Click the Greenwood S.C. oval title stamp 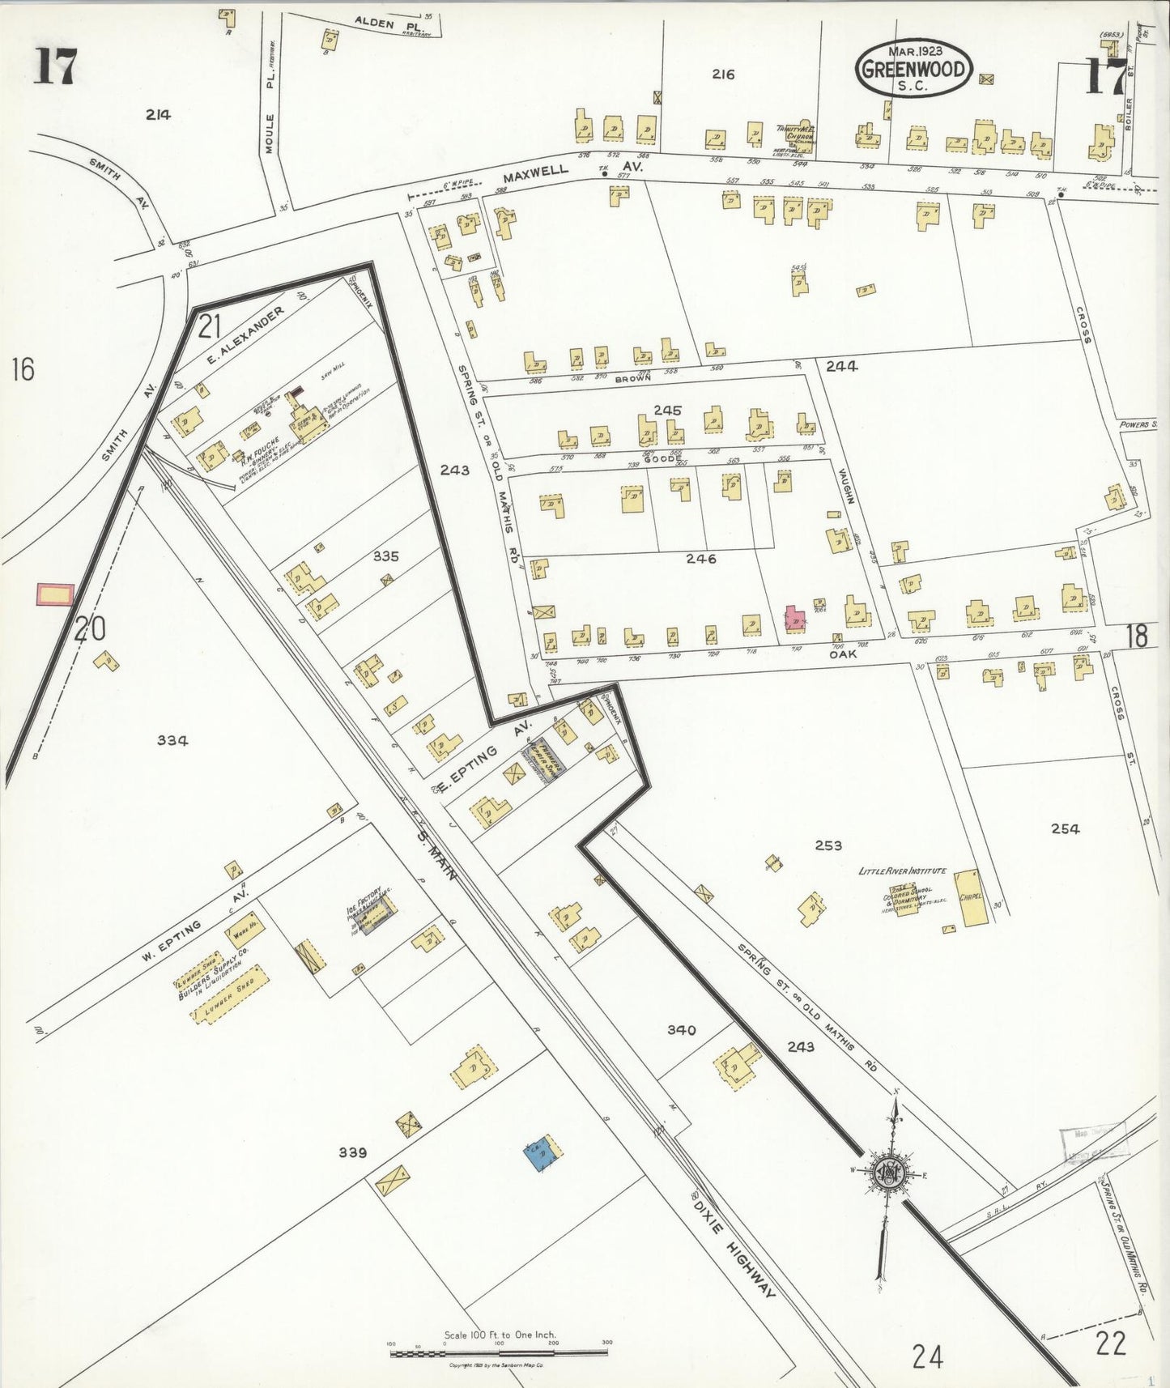[914, 68]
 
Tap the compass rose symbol [889, 1171]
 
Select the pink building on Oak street [795, 619]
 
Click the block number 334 [172, 739]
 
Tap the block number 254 [1065, 828]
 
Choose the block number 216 [723, 75]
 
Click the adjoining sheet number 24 [927, 1355]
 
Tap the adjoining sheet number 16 [23, 369]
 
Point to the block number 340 [681, 1029]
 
